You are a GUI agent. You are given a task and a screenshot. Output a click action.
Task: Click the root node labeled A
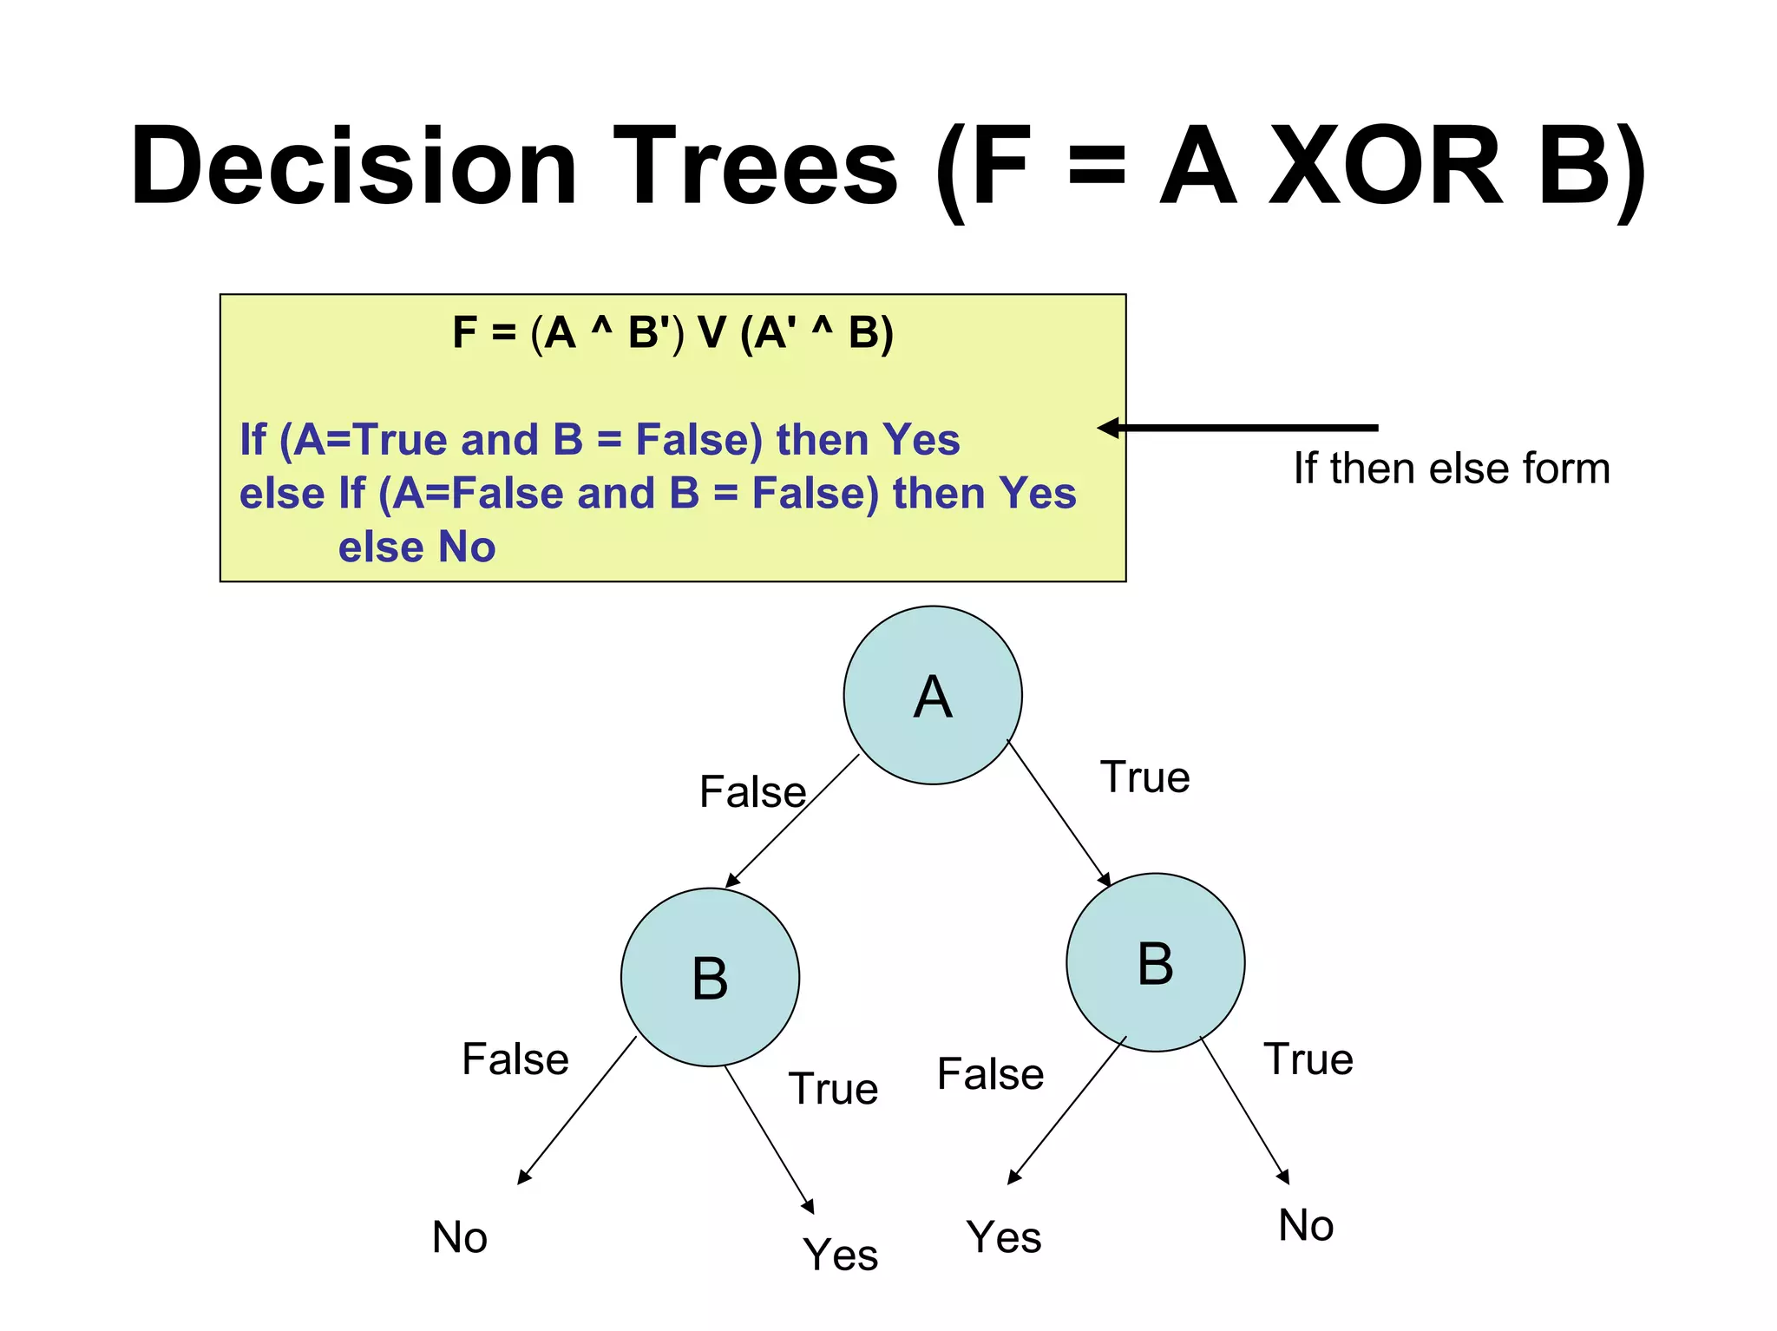coord(933,695)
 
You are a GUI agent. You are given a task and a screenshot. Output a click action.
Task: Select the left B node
coord(710,977)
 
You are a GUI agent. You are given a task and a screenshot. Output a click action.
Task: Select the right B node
coord(1155,962)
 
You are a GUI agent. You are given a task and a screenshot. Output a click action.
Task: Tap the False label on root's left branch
coord(752,791)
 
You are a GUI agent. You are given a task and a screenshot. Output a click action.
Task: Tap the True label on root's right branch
coord(1144,777)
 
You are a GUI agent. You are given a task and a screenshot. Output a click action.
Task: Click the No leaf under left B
coord(459,1236)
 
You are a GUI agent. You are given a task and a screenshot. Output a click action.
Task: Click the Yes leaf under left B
coord(840,1254)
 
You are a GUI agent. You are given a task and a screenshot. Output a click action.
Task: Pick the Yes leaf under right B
coord(1003,1236)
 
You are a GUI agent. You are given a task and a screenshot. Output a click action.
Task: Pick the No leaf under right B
coord(1305,1225)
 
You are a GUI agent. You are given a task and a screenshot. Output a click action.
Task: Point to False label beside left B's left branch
coord(515,1059)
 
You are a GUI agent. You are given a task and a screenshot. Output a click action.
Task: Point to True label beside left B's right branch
coord(833,1088)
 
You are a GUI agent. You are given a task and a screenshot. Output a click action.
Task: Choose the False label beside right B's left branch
coord(990,1073)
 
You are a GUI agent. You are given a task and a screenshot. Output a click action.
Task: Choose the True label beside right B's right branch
coord(1308,1059)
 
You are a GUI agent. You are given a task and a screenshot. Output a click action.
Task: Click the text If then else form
coord(1451,468)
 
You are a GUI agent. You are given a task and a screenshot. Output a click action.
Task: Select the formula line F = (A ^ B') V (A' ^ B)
coord(672,332)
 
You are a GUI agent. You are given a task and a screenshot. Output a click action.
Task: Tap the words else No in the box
coord(416,547)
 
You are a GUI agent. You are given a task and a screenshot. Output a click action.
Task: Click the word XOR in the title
coord(1386,167)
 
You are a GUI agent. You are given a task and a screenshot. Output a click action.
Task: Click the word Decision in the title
coord(354,167)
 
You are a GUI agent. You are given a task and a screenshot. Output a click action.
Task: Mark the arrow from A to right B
coord(1059,813)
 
